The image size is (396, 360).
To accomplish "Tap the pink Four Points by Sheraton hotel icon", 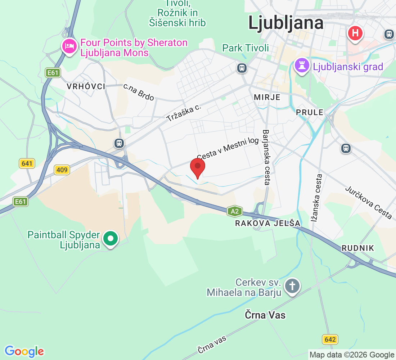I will click(68, 46).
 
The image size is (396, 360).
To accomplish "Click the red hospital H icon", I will click(355, 33).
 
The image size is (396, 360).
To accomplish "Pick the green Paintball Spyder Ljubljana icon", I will click(111, 238).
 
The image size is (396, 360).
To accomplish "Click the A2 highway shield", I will click(234, 211).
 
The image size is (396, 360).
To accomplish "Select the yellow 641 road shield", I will click(27, 164).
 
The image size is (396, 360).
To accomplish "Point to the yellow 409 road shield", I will click(62, 170).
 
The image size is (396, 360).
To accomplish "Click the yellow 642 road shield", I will click(330, 339).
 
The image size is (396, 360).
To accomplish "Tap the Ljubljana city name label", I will click(286, 23).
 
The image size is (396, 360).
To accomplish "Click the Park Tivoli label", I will click(246, 48).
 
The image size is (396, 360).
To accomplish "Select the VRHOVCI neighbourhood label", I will click(86, 86).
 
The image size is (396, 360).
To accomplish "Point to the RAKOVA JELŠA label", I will click(267, 223).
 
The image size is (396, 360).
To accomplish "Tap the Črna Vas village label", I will click(265, 315).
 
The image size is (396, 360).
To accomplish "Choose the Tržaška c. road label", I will click(184, 113).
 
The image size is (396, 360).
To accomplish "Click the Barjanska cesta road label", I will click(266, 157).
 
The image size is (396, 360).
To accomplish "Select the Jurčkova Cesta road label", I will click(368, 202).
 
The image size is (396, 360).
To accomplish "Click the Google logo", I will click(24, 351).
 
